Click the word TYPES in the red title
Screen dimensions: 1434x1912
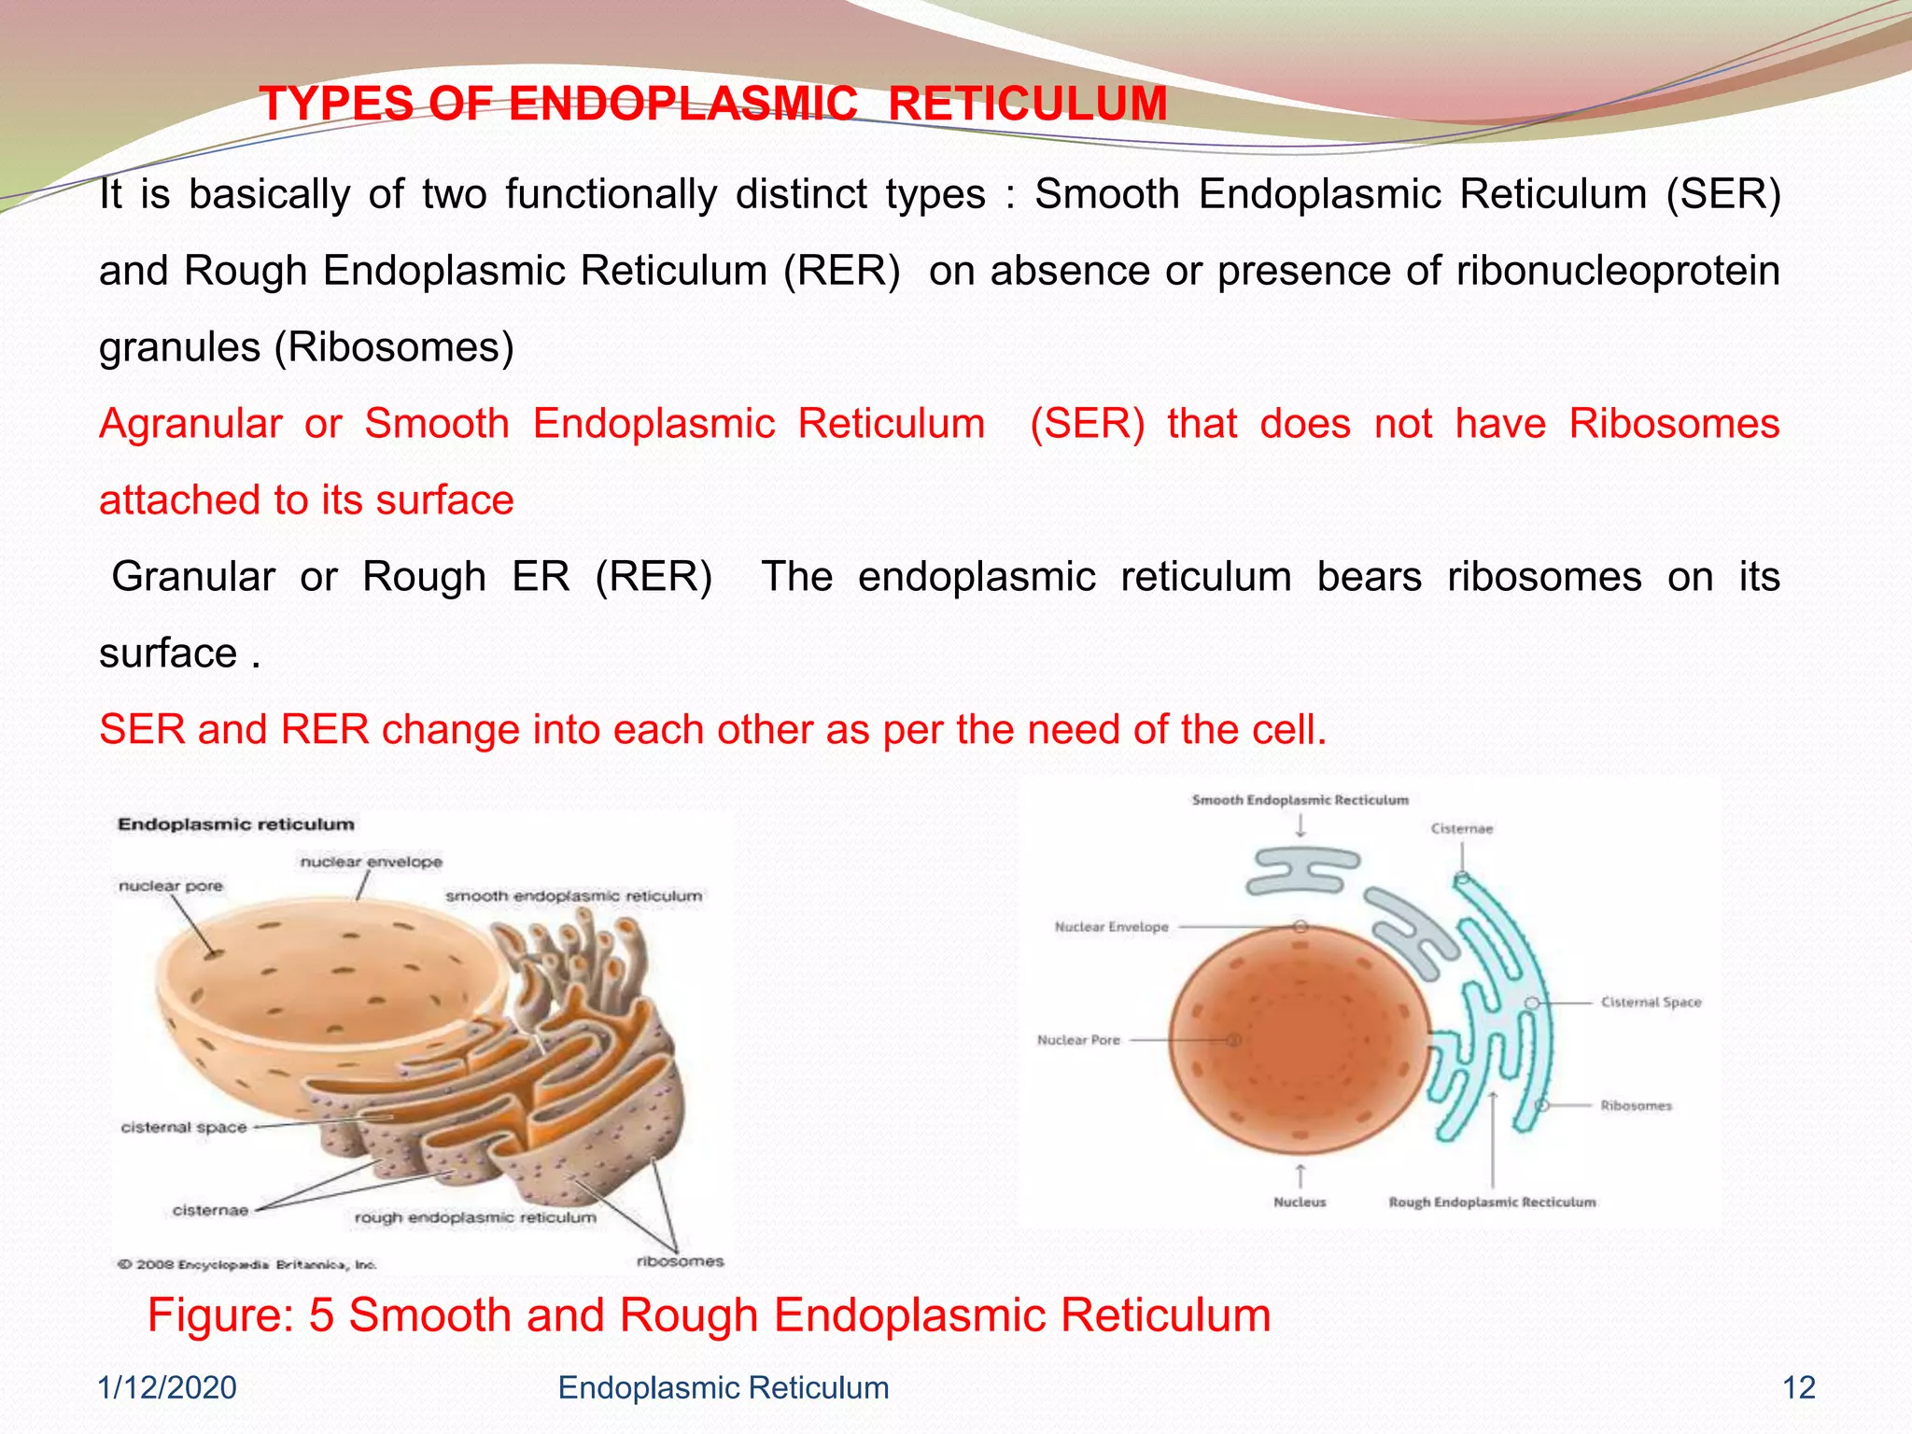pyautogui.click(x=336, y=104)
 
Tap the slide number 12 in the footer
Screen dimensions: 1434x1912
pyautogui.click(x=1798, y=1387)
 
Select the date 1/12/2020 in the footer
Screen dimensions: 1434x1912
pyautogui.click(x=168, y=1387)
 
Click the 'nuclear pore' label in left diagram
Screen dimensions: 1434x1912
pyautogui.click(x=171, y=885)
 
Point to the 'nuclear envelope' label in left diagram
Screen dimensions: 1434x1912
pyautogui.click(x=371, y=862)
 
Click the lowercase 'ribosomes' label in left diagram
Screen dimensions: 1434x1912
pyautogui.click(x=680, y=1261)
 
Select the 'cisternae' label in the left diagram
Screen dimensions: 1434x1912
pyautogui.click(x=211, y=1210)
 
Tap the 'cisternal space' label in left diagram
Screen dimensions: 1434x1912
pyautogui.click(x=184, y=1127)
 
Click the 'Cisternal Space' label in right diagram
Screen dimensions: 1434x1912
pyautogui.click(x=1651, y=1002)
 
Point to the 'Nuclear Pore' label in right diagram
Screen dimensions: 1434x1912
pyautogui.click(x=1078, y=1039)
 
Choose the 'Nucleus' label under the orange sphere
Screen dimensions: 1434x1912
pyautogui.click(x=1300, y=1202)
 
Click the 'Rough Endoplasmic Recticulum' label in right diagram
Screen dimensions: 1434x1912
pyautogui.click(x=1492, y=1202)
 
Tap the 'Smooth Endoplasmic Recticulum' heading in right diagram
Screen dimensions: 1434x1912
pyautogui.click(x=1300, y=799)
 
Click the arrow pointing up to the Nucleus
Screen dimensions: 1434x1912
pyautogui.click(x=1300, y=1175)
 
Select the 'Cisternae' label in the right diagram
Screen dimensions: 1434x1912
pyautogui.click(x=1461, y=828)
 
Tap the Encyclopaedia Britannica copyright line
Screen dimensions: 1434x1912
pyautogui.click(x=247, y=1264)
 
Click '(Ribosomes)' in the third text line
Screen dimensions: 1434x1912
pyautogui.click(x=394, y=347)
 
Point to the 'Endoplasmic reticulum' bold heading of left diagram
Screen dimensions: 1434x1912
pyautogui.click(x=236, y=823)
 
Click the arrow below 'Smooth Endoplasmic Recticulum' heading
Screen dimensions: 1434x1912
pyautogui.click(x=1300, y=825)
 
